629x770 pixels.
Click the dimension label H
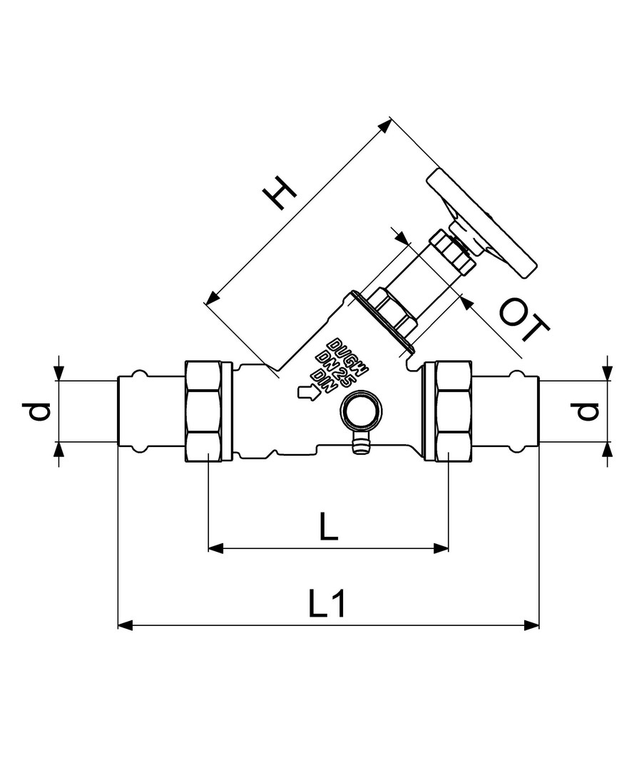pyautogui.click(x=280, y=192)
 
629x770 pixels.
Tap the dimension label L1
pyautogui.click(x=327, y=604)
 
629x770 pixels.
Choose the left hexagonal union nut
pyautogui.click(x=204, y=411)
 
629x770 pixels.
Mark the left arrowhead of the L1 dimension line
pyautogui.click(x=126, y=625)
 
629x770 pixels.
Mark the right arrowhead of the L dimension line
pyautogui.click(x=441, y=548)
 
